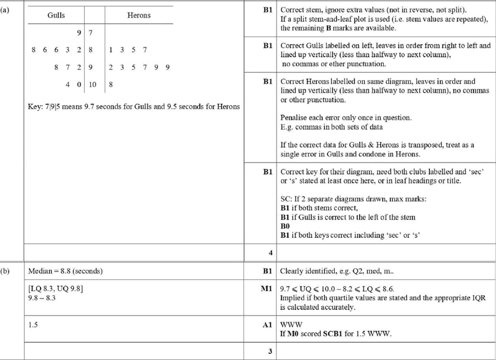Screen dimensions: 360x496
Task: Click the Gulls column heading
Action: click(56, 15)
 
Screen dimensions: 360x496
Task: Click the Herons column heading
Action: click(139, 15)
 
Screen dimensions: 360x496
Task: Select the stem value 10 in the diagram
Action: click(92, 84)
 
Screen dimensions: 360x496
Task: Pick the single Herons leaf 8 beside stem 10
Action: click(111, 84)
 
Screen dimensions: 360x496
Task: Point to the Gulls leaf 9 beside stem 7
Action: click(79, 32)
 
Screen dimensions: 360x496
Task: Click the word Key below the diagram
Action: click(35, 107)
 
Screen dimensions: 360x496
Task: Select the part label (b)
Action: click(5, 271)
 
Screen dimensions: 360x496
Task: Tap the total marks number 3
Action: click(270, 352)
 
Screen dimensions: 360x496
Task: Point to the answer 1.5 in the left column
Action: click(32, 324)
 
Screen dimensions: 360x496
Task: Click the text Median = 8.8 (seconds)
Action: click(65, 271)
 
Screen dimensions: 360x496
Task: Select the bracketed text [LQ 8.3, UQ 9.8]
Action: click(55, 289)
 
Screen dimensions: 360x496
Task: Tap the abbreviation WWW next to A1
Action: click(291, 324)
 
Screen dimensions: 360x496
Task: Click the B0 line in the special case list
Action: click(285, 226)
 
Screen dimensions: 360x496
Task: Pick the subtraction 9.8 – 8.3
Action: click(41, 298)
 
